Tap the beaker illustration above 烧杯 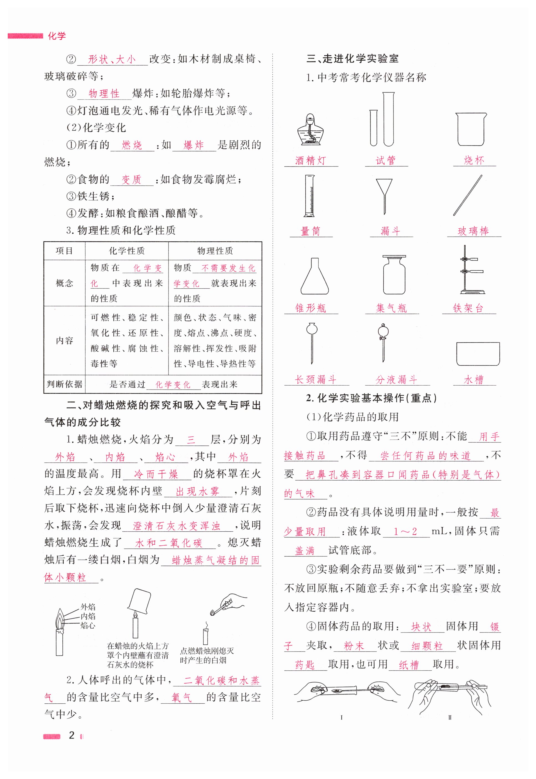click(471, 129)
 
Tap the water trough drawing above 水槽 click(478, 354)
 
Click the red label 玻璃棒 click(474, 231)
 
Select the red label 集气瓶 click(391, 308)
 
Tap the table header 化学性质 click(127, 251)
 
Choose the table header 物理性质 click(215, 251)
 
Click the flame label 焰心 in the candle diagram click(88, 626)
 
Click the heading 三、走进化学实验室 click(352, 59)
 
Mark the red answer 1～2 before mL click(405, 532)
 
